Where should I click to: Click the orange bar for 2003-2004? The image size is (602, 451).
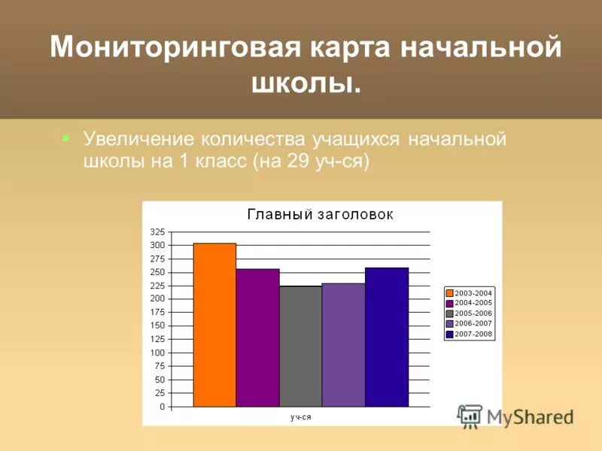coord(214,325)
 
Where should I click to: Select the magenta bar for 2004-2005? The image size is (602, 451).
coord(257,337)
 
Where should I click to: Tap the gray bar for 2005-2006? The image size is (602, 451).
coord(300,347)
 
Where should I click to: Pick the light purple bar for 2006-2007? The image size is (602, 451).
coord(343,345)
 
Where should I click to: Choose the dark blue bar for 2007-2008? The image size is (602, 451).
coord(386,337)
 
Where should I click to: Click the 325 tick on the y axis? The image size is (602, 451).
coord(157,232)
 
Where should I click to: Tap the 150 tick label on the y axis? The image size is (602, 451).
coord(157,325)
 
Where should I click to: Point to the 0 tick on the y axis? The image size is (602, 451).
coord(161,407)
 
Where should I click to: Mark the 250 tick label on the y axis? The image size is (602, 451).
coord(157,272)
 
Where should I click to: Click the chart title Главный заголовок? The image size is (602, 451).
coord(321,215)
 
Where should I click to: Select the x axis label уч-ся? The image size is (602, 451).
coord(301,417)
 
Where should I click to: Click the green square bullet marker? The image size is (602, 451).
coord(65,138)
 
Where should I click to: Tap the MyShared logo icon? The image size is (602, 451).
coord(470,416)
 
